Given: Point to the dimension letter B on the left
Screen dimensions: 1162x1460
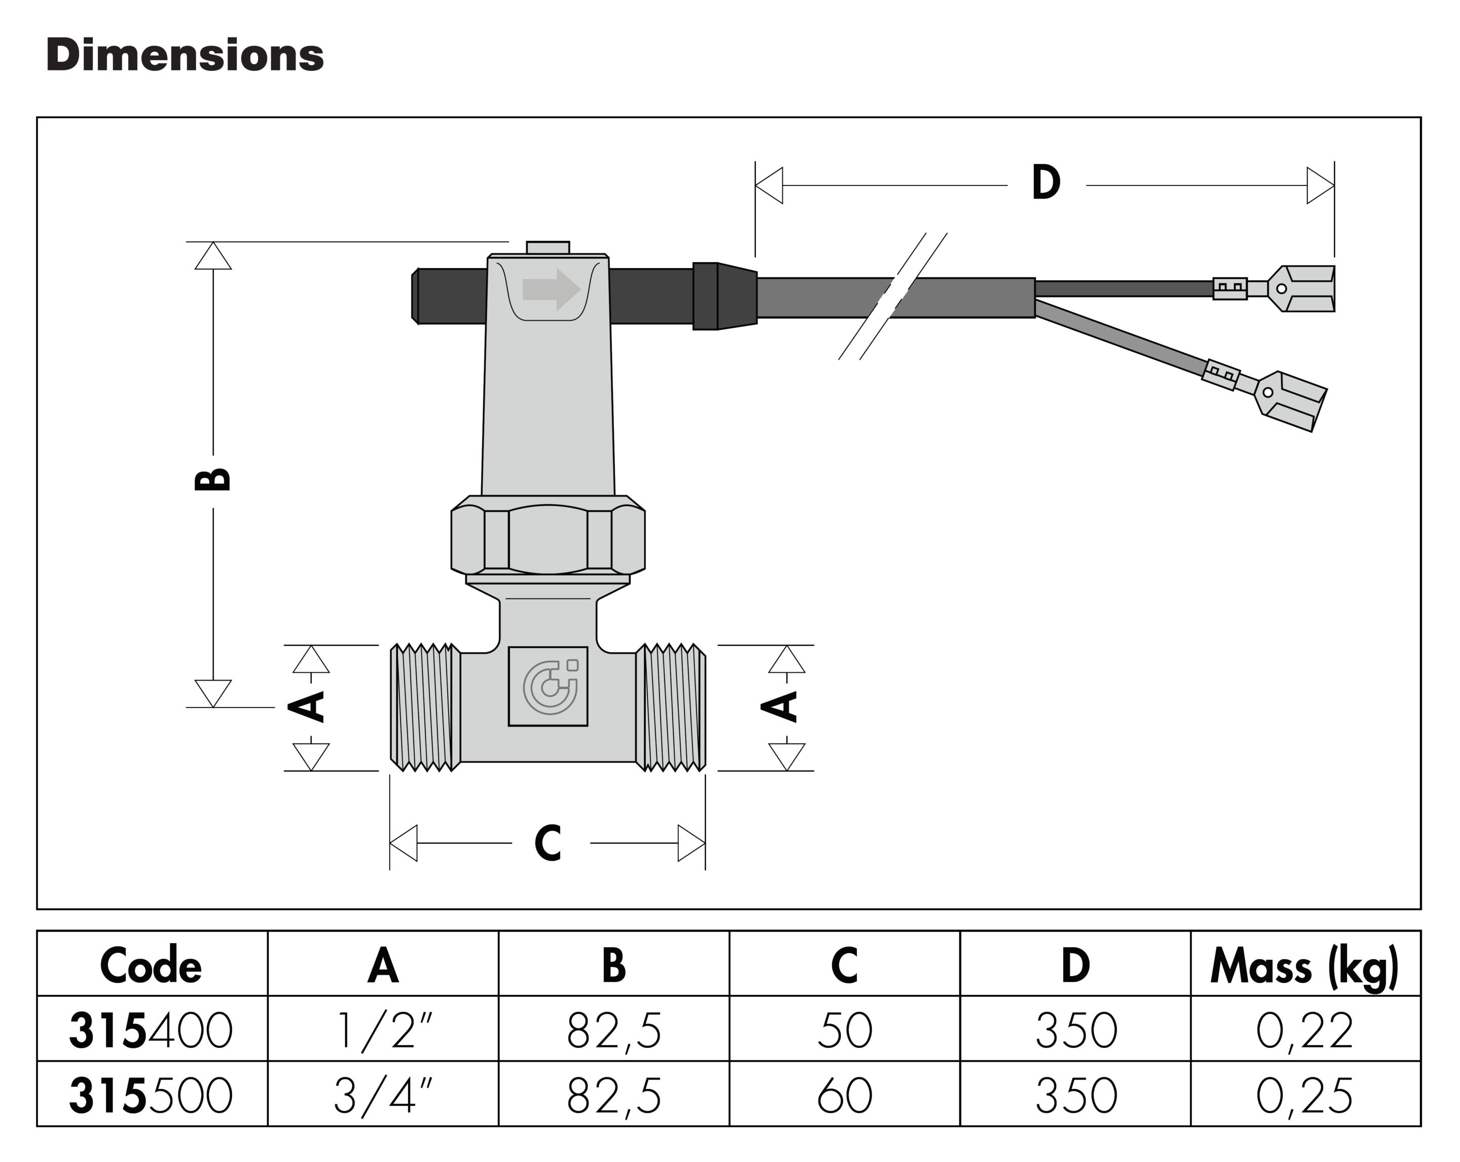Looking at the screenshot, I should [x=212, y=480].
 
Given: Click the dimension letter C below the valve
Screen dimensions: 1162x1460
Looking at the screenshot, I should [x=548, y=843].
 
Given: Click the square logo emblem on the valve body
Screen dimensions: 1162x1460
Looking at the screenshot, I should [x=548, y=686].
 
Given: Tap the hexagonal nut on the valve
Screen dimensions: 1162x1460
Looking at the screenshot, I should [x=548, y=539].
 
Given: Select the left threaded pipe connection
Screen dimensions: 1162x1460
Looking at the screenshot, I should [x=425, y=707].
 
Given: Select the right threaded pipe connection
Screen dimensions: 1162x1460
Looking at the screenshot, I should [x=670, y=707].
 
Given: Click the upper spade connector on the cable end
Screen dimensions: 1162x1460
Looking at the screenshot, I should [x=1300, y=289].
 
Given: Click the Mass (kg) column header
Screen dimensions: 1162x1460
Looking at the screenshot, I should [x=1304, y=966].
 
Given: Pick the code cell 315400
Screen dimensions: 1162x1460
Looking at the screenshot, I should [x=151, y=1031].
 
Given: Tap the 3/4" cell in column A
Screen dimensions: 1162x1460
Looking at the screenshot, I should [x=383, y=1096].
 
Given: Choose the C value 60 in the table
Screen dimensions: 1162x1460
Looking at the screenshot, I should [x=845, y=1096].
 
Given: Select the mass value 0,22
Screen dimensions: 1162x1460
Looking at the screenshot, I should [x=1304, y=1031].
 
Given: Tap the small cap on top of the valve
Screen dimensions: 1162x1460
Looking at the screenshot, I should [x=548, y=248].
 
